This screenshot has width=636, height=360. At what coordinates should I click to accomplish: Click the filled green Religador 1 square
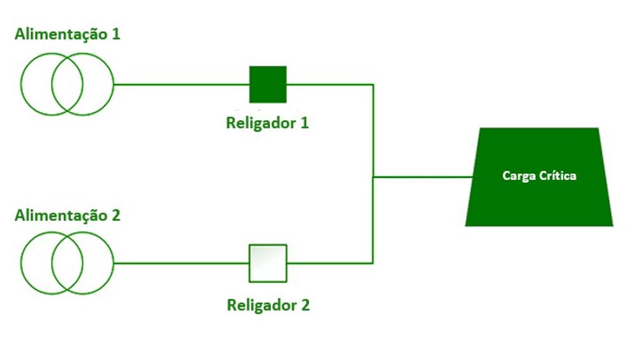point(268,84)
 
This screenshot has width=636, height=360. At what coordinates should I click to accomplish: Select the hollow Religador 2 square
point(268,263)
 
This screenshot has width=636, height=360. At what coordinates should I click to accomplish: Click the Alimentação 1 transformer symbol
point(67,84)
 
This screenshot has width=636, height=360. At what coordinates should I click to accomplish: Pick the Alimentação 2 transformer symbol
point(67,263)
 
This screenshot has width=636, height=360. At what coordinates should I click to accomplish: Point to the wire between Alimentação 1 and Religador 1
point(181,84)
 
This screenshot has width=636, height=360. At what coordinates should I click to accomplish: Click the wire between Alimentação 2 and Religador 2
point(181,263)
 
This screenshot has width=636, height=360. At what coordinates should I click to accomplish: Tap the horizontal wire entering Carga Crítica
point(423,176)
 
